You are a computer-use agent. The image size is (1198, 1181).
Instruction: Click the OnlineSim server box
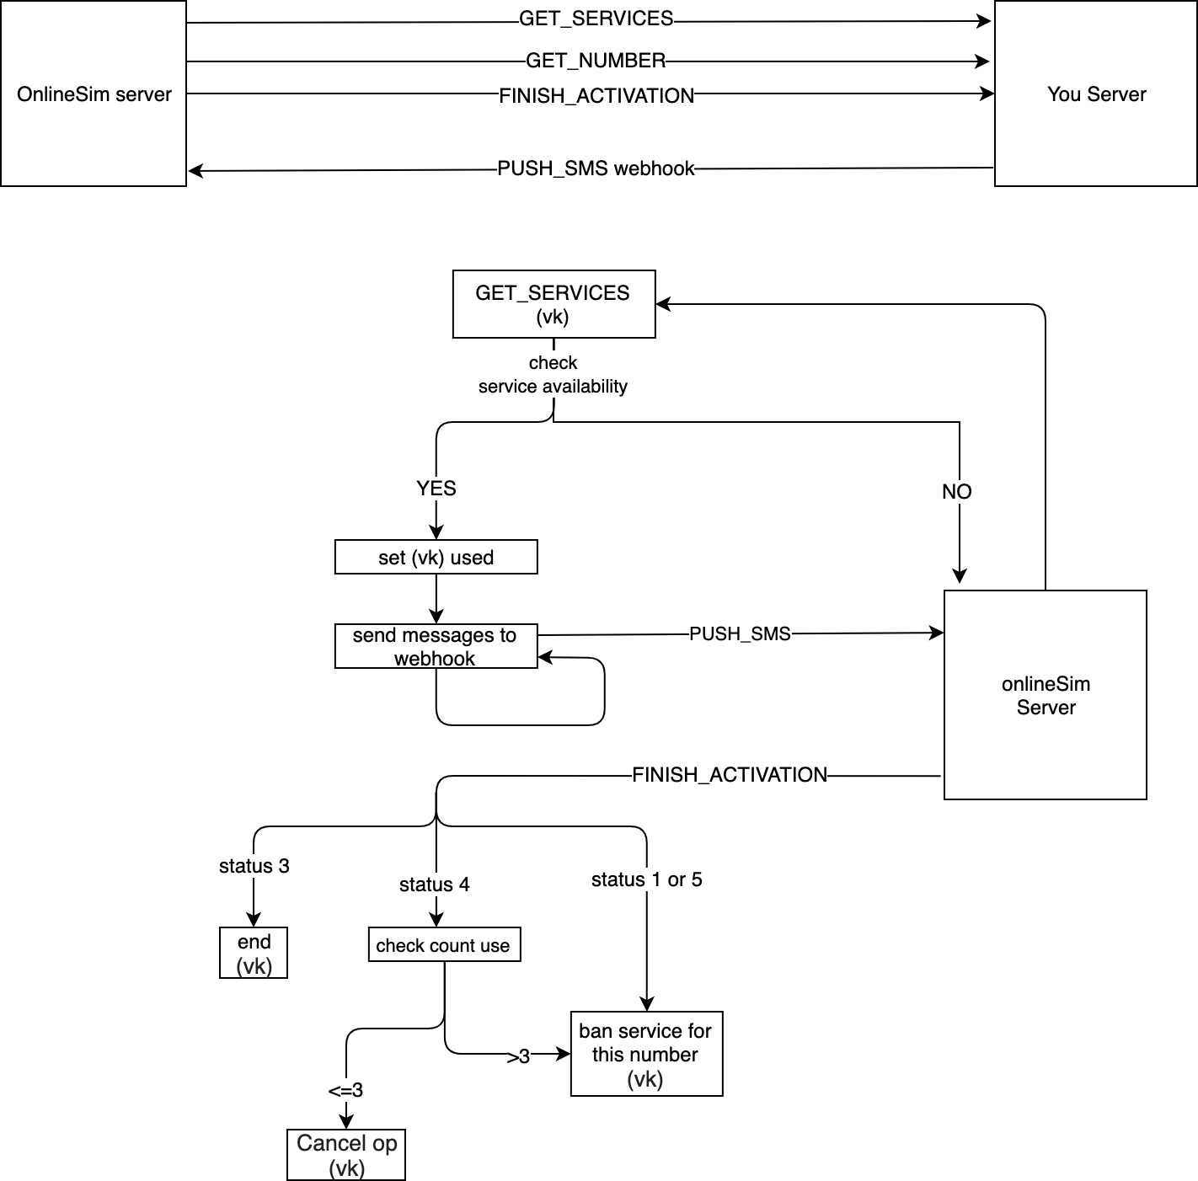[94, 94]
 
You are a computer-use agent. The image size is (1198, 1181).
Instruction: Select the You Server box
[1095, 94]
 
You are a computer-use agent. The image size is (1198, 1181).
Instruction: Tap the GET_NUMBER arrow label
[596, 61]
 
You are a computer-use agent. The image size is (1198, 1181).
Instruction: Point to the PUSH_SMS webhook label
[596, 168]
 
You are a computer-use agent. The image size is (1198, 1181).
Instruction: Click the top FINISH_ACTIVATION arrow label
[596, 96]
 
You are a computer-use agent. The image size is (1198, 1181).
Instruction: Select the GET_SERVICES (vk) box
[554, 304]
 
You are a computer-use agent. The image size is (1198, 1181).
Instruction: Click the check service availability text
[553, 375]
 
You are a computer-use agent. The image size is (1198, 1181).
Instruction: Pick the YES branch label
[436, 489]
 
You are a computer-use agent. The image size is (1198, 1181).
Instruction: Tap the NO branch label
[957, 492]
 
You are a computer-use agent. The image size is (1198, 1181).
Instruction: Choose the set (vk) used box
[436, 558]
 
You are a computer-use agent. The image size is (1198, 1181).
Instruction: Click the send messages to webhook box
[436, 647]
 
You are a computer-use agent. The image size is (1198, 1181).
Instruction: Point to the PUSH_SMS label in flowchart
[740, 634]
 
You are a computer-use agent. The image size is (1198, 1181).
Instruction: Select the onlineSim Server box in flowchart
[1045, 695]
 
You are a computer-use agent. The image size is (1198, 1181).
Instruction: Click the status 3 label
[254, 866]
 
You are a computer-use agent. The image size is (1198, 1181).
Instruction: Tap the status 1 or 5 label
[646, 879]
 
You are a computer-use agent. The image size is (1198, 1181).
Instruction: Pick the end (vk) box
[254, 954]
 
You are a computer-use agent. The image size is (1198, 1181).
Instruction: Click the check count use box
[444, 945]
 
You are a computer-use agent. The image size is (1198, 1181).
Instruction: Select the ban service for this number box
[646, 1054]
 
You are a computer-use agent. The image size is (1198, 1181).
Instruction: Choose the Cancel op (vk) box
[346, 1155]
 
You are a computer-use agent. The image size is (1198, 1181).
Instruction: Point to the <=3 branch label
[345, 1091]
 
